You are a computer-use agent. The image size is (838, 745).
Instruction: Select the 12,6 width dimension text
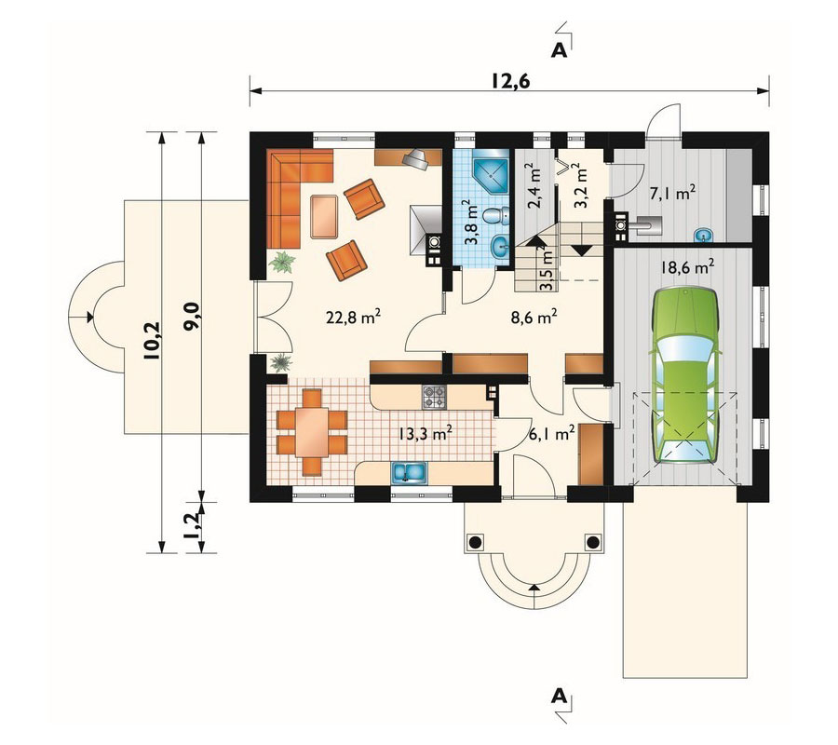click(510, 80)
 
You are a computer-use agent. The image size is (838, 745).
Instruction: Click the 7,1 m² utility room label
click(671, 194)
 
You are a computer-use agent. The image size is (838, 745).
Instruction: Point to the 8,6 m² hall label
click(534, 317)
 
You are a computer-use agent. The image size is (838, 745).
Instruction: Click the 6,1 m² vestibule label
click(550, 433)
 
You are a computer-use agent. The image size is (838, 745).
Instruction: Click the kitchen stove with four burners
click(435, 398)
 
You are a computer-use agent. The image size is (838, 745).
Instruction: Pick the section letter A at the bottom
click(559, 695)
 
